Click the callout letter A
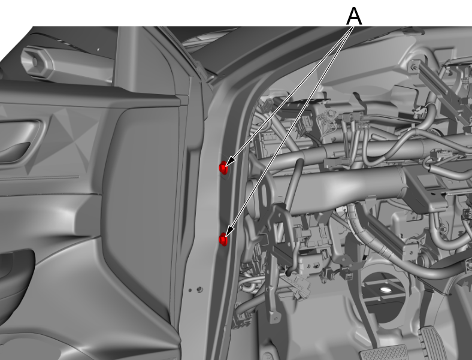tap(354, 17)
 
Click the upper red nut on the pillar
tap(223, 168)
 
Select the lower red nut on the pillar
tap(223, 239)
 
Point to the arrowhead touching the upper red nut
tap(230, 161)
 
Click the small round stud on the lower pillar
tap(199, 289)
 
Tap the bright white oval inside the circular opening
tap(385, 290)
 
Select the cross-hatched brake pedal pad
tap(384, 353)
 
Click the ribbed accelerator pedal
tap(433, 343)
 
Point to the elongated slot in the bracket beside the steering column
tap(264, 195)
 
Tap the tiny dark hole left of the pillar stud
tap(190, 291)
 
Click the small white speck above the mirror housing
tap(98, 49)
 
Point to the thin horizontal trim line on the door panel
tap(40, 178)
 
